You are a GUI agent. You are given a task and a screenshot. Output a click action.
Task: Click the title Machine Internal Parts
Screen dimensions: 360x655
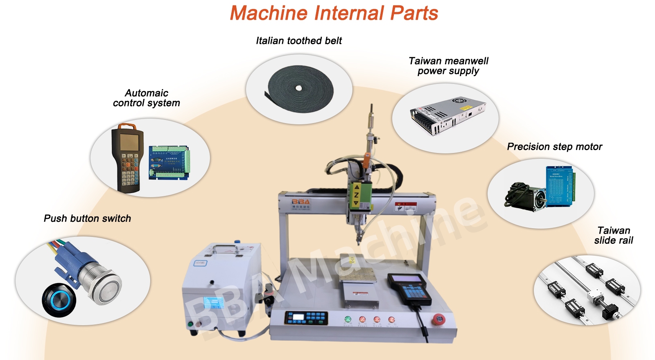pos(334,13)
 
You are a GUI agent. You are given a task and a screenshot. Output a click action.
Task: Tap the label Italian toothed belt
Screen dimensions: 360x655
pos(299,40)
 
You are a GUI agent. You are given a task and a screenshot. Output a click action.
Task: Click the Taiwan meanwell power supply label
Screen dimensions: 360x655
pos(448,66)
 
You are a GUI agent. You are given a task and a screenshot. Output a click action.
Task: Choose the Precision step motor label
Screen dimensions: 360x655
pos(554,146)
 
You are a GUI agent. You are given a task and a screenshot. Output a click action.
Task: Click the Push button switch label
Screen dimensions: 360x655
pos(87,218)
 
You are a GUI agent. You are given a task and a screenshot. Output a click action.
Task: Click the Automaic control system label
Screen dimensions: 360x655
pos(146,98)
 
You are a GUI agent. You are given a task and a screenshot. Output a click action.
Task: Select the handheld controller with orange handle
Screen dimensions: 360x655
pos(127,157)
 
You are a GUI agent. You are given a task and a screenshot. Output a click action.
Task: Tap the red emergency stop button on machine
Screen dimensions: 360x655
pos(438,319)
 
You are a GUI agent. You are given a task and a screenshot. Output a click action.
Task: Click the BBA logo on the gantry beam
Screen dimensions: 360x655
pos(301,202)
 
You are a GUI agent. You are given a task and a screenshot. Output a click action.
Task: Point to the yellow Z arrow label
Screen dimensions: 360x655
pos(357,195)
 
